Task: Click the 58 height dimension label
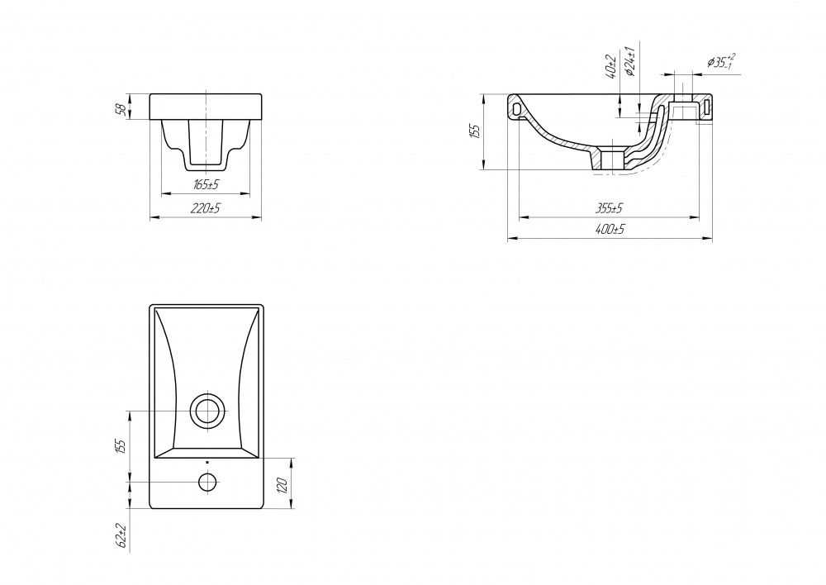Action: pyautogui.click(x=121, y=108)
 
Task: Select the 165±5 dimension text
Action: pyautogui.click(x=206, y=184)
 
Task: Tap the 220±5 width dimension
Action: pyautogui.click(x=206, y=208)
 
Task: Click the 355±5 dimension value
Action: pyautogui.click(x=609, y=208)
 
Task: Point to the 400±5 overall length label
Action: pyautogui.click(x=610, y=230)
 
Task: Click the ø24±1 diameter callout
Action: pyautogui.click(x=630, y=61)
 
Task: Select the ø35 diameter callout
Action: pyautogui.click(x=721, y=61)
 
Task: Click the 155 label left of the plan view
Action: pyautogui.click(x=121, y=446)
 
